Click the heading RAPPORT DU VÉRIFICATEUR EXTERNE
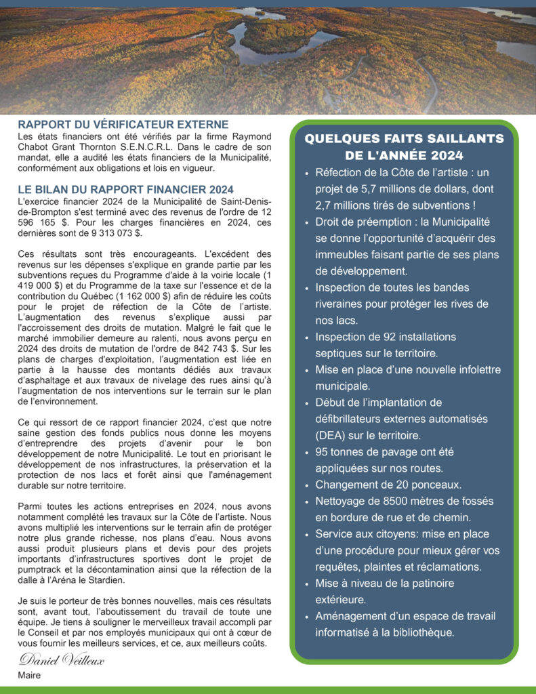click(x=123, y=125)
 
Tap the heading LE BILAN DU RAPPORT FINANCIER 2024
click(x=125, y=189)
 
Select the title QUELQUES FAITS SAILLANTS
click(x=404, y=138)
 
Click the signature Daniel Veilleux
click(x=62, y=659)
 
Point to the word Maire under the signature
click(x=29, y=675)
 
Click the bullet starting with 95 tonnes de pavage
click(x=384, y=451)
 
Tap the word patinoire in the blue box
click(x=427, y=583)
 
